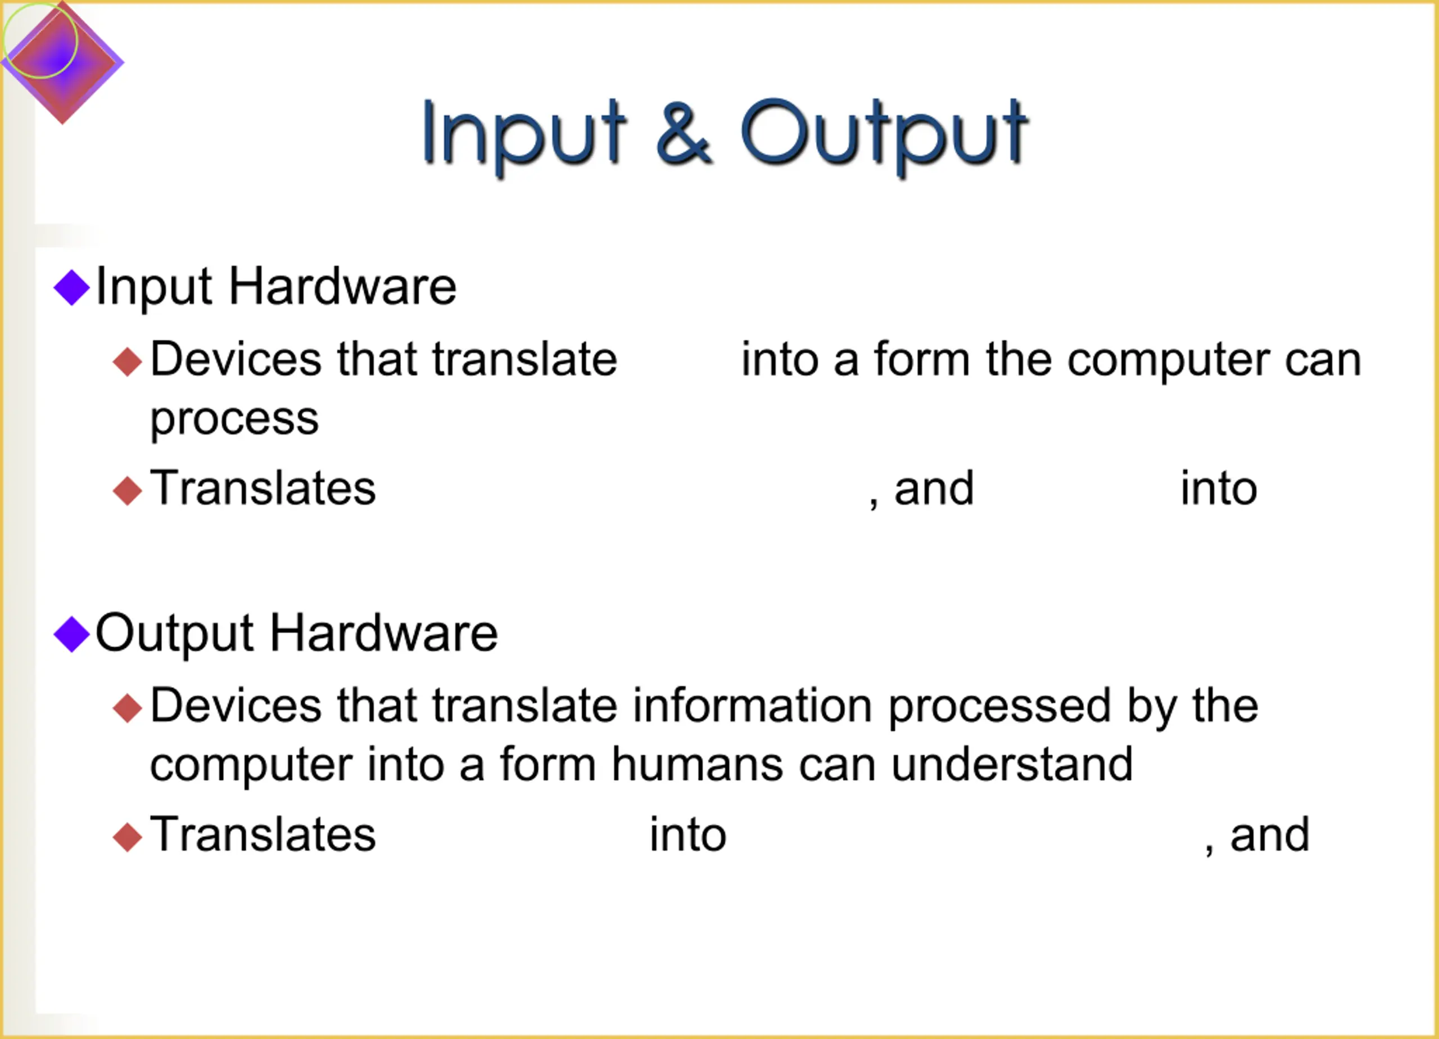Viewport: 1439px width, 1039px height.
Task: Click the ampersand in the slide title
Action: pyautogui.click(x=684, y=133)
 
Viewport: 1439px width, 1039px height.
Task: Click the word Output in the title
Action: pyautogui.click(x=884, y=136)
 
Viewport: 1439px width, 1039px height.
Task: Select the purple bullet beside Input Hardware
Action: pyautogui.click(x=72, y=287)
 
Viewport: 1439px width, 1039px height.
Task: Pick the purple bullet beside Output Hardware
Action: pyautogui.click(x=72, y=634)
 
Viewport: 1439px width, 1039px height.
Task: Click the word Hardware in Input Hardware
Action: pyautogui.click(x=343, y=287)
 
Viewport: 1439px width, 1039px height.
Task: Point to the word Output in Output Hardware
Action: pyautogui.click(x=174, y=635)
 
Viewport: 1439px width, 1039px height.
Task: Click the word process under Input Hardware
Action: pyautogui.click(x=234, y=420)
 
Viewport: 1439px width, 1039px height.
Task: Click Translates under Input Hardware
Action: pyautogui.click(x=263, y=489)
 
